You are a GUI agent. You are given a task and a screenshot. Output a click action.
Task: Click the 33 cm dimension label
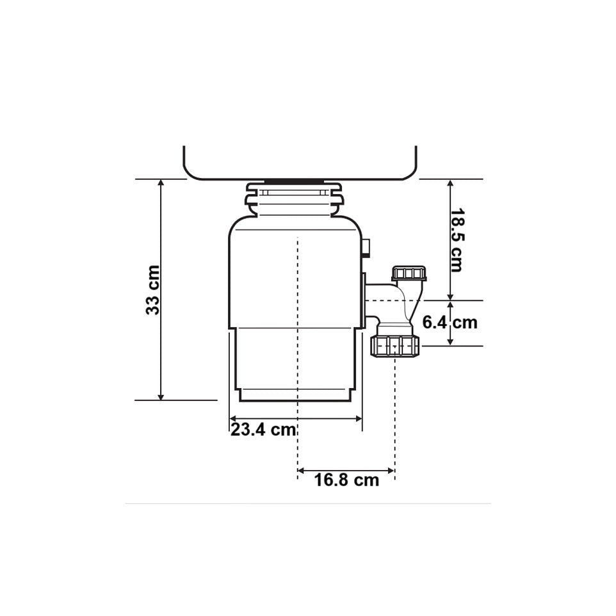point(153,290)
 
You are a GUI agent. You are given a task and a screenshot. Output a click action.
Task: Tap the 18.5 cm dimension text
point(456,240)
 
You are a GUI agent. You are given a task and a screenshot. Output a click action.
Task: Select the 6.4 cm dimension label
point(450,323)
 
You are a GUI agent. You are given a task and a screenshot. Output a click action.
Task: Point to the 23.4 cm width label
point(263,430)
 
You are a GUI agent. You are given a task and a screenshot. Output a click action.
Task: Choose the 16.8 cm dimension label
point(346,480)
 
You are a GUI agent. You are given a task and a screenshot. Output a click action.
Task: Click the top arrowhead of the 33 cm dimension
point(160,182)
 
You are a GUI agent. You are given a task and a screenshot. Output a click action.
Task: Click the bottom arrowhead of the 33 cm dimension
point(160,397)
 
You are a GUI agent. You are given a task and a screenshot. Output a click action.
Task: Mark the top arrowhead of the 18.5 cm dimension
point(451,183)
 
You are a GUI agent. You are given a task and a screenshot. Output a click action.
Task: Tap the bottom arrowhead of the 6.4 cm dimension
point(451,342)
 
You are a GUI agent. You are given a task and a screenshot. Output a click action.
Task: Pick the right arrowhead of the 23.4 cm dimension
point(359,419)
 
